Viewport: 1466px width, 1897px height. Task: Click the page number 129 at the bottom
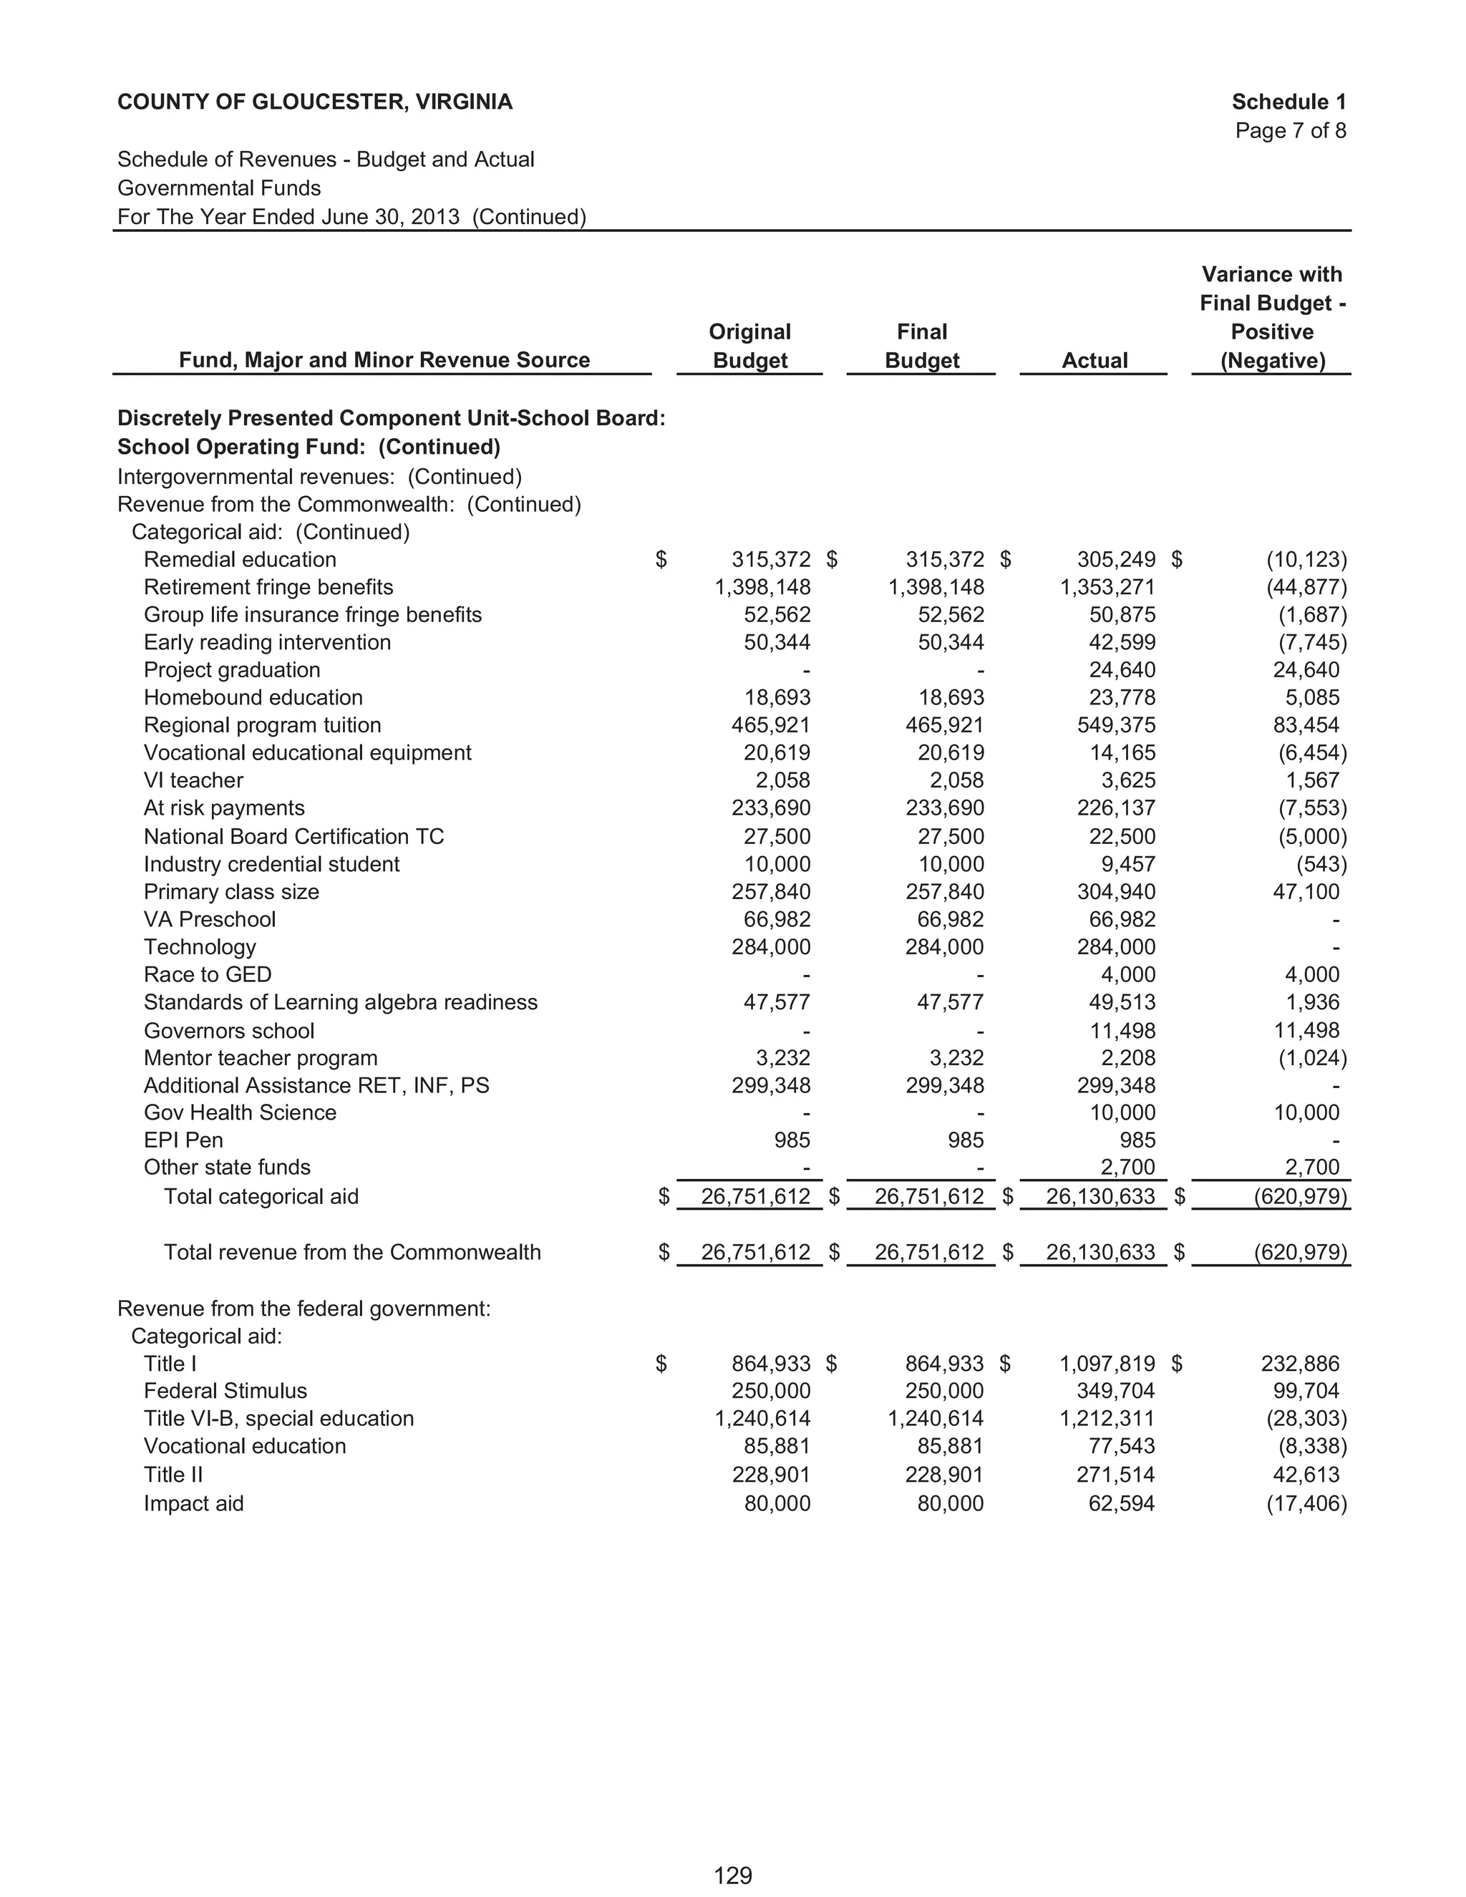click(x=732, y=1876)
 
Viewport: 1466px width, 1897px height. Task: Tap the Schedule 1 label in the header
click(x=1288, y=102)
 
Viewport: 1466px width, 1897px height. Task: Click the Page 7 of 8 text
click(x=1290, y=130)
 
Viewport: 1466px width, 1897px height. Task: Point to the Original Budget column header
click(x=749, y=346)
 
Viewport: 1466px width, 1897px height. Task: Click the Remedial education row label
click(x=240, y=559)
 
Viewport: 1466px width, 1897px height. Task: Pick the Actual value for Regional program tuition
click(x=1116, y=725)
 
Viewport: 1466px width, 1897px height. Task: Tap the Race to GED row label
click(x=208, y=974)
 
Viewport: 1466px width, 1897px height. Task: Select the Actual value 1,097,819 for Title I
click(x=1107, y=1364)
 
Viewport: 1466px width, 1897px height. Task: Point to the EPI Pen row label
click(x=183, y=1140)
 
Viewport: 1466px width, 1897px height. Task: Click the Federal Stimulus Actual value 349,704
click(x=1116, y=1391)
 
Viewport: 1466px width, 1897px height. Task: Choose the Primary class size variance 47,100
click(x=1306, y=892)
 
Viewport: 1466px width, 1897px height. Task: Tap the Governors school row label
click(x=228, y=1030)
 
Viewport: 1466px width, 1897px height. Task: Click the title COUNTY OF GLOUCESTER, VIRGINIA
click(x=314, y=102)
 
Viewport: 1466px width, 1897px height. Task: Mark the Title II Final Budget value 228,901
click(x=944, y=1474)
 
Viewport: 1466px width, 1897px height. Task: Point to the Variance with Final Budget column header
click(x=1272, y=317)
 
